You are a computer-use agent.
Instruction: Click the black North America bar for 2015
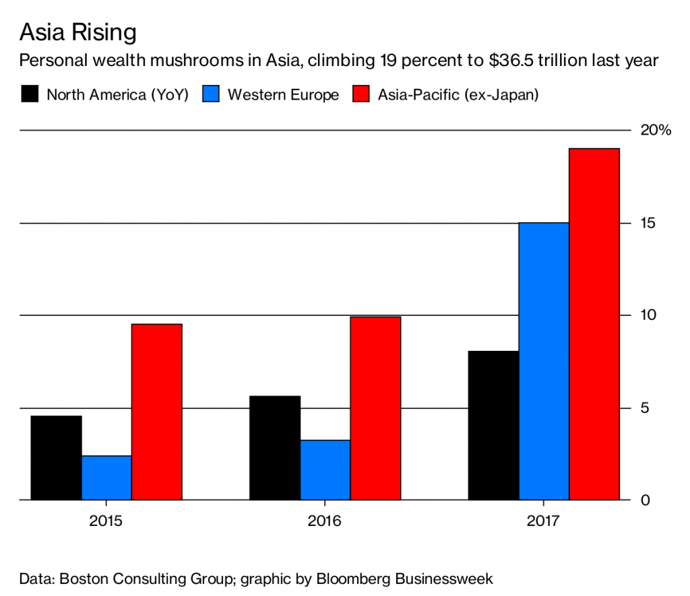(x=56, y=458)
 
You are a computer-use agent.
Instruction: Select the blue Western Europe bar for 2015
(x=106, y=478)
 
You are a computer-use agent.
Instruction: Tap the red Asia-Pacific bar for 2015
(x=156, y=412)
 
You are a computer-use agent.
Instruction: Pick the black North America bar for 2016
(x=275, y=448)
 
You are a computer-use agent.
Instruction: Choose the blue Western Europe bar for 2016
(x=325, y=470)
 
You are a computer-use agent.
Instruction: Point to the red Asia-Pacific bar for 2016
(x=375, y=408)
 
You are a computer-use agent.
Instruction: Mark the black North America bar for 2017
(x=494, y=426)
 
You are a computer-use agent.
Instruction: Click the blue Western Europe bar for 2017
(x=544, y=362)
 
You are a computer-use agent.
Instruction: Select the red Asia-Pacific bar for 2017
(x=594, y=324)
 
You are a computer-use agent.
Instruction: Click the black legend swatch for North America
(x=30, y=94)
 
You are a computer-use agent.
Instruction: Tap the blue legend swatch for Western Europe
(x=211, y=94)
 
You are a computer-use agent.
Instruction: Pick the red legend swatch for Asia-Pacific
(x=361, y=94)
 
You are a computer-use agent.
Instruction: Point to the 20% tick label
(x=656, y=131)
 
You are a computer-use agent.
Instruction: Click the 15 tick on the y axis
(x=648, y=223)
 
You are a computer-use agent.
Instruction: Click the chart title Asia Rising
(x=77, y=32)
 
